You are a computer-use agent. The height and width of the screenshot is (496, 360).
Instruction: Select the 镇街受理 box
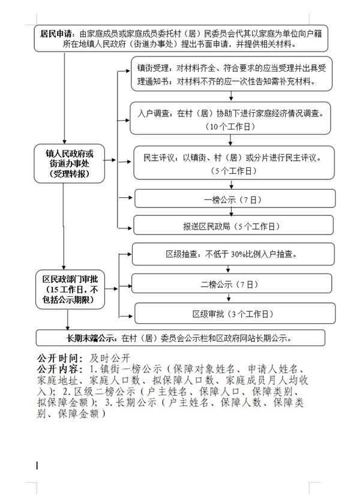pyautogui.click(x=232, y=74)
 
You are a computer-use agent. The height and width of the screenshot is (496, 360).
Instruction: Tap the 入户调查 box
pyautogui.click(x=232, y=119)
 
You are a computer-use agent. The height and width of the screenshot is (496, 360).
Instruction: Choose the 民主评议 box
pyautogui.click(x=232, y=164)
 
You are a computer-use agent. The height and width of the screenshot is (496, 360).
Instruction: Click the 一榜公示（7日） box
pyautogui.click(x=232, y=198)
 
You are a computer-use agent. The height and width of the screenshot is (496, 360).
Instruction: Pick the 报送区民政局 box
pyautogui.click(x=232, y=226)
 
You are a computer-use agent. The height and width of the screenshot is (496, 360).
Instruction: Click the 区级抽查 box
pyautogui.click(x=232, y=254)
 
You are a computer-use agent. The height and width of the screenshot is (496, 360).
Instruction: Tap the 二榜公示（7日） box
pyautogui.click(x=232, y=283)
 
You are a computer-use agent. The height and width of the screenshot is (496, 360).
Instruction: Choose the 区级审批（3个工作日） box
pyautogui.click(x=232, y=313)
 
